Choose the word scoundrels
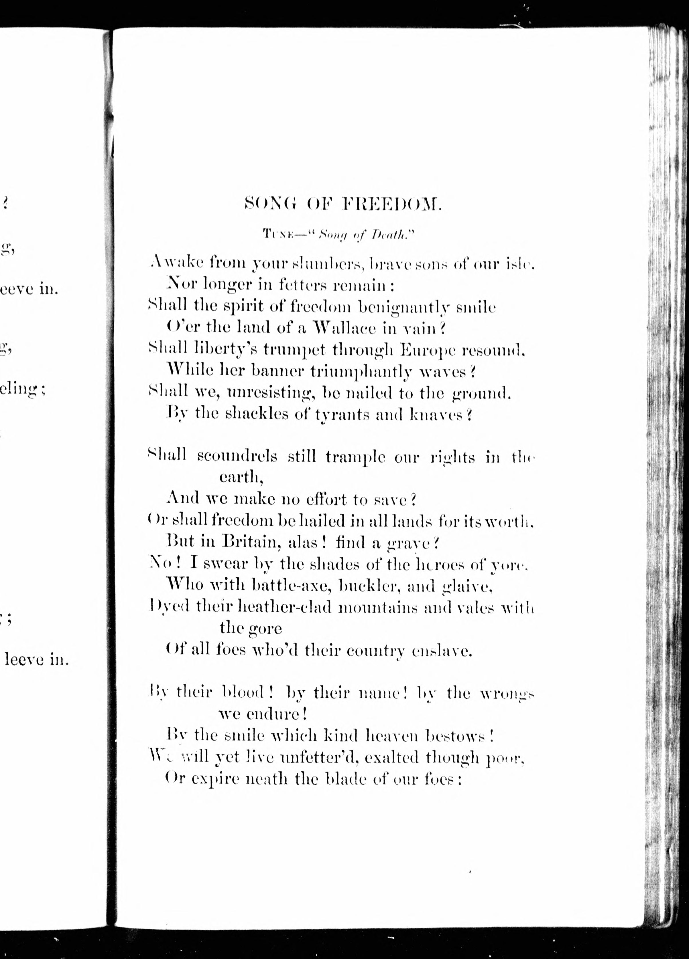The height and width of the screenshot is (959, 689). click(x=237, y=457)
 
